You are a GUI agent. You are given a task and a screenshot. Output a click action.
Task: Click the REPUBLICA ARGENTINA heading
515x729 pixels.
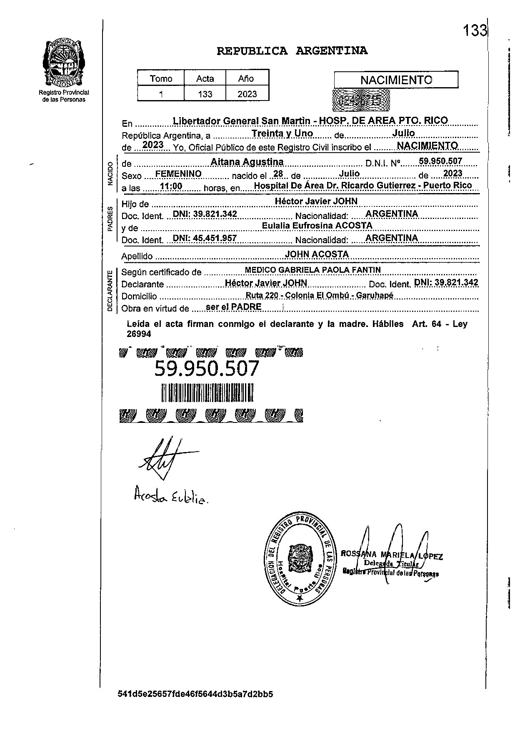coord(292,51)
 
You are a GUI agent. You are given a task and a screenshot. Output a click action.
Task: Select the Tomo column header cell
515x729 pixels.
coord(161,78)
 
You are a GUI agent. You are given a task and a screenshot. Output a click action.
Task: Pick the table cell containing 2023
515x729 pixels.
coord(247,94)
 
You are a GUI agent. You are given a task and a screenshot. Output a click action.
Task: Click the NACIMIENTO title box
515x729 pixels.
coord(396,80)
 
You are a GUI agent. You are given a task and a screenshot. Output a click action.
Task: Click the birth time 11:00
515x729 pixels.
coord(171,186)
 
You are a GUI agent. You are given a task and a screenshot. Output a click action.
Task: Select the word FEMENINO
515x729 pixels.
coord(178,173)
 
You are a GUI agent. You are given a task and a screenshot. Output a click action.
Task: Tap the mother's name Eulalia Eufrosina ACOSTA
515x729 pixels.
coord(317,226)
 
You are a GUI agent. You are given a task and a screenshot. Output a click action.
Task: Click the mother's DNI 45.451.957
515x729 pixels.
coord(205,238)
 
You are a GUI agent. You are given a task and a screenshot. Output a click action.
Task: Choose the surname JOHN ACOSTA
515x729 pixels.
coord(317,254)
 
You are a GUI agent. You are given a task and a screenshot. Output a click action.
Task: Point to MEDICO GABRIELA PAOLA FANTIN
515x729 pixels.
coord(312,270)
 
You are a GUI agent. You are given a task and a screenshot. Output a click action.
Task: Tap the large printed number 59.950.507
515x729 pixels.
coord(207,369)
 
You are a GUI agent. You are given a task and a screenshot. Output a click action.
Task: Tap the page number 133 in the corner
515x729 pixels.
coord(475,30)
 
